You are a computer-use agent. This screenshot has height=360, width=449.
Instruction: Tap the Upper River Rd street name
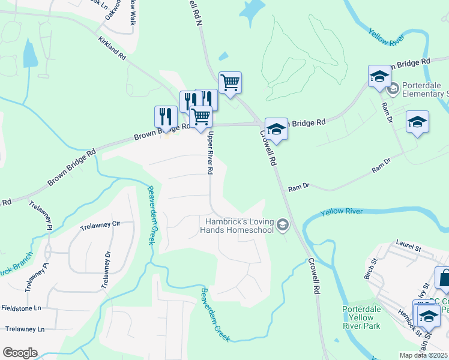point(210,154)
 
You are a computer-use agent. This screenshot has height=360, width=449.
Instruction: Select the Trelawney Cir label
point(100,226)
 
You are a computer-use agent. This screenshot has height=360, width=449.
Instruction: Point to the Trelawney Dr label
point(106,269)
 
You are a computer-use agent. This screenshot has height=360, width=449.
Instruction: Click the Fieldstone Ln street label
point(20,308)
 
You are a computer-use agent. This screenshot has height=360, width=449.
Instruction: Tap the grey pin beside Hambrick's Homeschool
point(283,226)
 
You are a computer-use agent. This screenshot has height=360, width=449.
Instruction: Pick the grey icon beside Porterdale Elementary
point(393,90)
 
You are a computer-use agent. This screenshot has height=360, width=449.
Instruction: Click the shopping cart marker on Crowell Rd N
point(230,83)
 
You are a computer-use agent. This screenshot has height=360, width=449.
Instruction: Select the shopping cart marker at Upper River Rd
point(200,117)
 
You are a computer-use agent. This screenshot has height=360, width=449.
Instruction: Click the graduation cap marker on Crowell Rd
point(276,128)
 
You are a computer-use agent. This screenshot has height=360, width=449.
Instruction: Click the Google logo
point(20,353)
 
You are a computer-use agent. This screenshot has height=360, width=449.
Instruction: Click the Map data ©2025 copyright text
point(424,355)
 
